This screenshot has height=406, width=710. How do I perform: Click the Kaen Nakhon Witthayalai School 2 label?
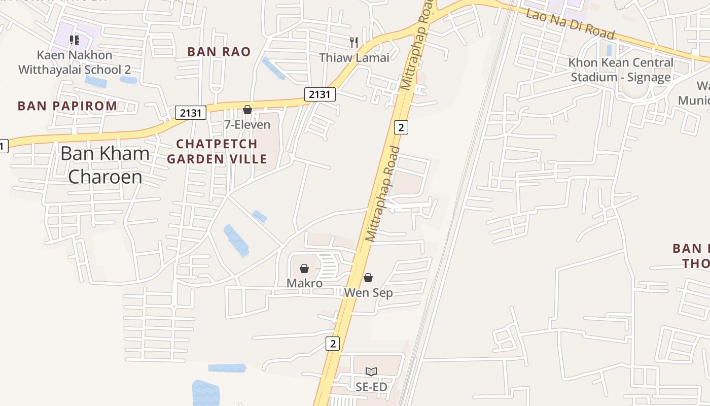[75, 62]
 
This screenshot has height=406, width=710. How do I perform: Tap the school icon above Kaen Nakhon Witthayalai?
[75, 40]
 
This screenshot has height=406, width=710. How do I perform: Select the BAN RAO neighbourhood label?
[219, 51]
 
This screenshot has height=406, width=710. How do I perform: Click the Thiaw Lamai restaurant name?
[354, 57]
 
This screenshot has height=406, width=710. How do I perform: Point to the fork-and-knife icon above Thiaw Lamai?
[354, 42]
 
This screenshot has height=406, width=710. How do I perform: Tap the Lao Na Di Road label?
[570, 23]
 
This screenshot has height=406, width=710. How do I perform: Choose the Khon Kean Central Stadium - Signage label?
[621, 70]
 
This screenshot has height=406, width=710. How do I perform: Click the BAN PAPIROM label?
[67, 106]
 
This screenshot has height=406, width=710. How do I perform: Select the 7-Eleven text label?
[247, 124]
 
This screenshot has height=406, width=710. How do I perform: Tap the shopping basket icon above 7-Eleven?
[247, 110]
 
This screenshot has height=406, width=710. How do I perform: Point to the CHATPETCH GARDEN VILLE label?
[217, 151]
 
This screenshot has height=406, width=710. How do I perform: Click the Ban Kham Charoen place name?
[105, 165]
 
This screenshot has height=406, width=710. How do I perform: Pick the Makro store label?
[304, 283]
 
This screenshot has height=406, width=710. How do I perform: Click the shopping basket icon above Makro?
[304, 268]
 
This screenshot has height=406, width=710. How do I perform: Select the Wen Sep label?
[368, 293]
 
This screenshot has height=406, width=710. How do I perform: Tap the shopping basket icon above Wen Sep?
[368, 278]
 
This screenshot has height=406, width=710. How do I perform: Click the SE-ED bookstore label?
[371, 387]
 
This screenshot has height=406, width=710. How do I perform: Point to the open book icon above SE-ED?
[371, 372]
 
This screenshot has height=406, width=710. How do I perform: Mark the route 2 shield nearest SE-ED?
[332, 344]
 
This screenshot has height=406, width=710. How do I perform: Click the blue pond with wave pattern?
[206, 394]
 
